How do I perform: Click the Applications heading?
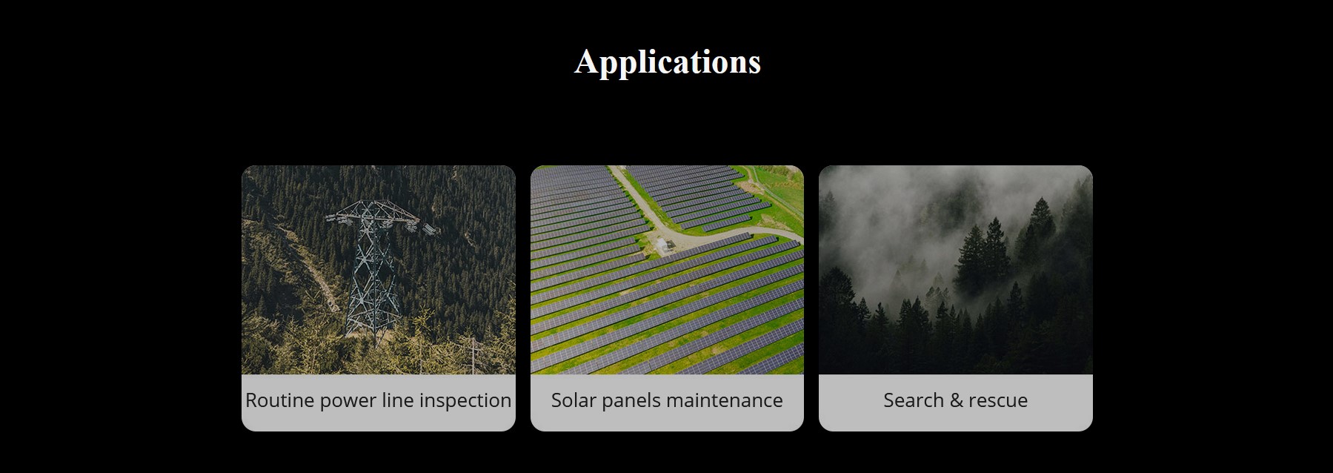[x=667, y=62]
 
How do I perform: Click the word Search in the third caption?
[x=913, y=400]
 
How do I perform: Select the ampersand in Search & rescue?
[x=955, y=400]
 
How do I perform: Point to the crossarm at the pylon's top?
[x=382, y=219]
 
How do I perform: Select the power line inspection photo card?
[x=378, y=298]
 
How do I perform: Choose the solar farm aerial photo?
[x=667, y=270]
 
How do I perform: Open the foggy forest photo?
[x=956, y=270]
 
